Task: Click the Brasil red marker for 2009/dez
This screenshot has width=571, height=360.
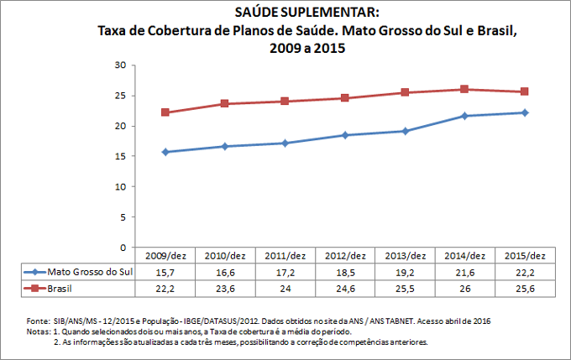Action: pyautogui.click(x=165, y=112)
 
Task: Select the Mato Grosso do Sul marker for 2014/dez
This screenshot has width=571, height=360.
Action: pyautogui.click(x=465, y=116)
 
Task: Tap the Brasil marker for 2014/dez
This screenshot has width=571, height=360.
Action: pyautogui.click(x=465, y=89)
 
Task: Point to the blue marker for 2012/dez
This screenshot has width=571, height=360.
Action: pyautogui.click(x=345, y=135)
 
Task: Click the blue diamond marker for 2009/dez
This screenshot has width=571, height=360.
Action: pyautogui.click(x=165, y=152)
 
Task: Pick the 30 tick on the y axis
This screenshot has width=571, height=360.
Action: pyautogui.click(x=120, y=65)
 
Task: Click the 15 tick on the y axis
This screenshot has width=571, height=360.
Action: pyautogui.click(x=120, y=156)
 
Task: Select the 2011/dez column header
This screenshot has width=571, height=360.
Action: pyautogui.click(x=285, y=256)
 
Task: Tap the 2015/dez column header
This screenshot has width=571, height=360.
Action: pyautogui.click(x=525, y=256)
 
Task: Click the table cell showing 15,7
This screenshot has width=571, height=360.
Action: pyautogui.click(x=165, y=272)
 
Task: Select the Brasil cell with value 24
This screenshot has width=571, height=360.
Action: pyautogui.click(x=285, y=288)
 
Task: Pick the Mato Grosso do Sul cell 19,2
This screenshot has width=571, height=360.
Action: pyautogui.click(x=405, y=272)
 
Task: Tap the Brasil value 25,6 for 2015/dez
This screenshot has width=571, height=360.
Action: pyautogui.click(x=525, y=288)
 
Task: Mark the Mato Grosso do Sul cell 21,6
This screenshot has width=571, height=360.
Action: pyautogui.click(x=465, y=272)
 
